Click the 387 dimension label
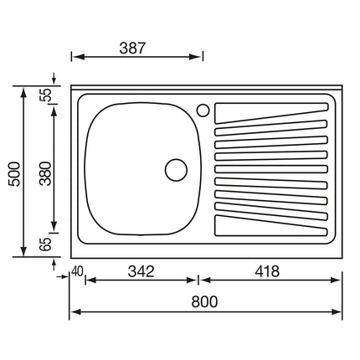point(132,48)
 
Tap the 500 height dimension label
point(14,174)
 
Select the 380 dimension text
point(45,173)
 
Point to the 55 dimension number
point(46,95)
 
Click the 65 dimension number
point(46,244)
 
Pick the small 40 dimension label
point(77,271)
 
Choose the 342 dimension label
point(141,271)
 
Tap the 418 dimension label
point(267,271)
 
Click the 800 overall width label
point(204,301)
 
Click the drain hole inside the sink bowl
point(176,170)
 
